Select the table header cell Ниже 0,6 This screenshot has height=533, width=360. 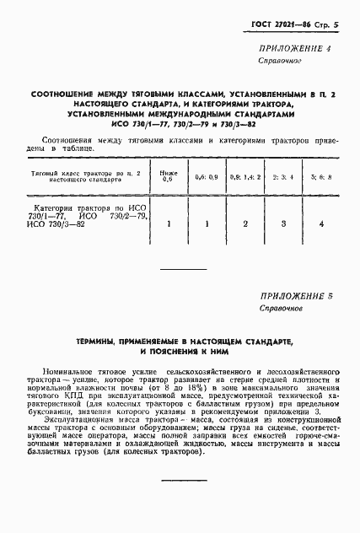pyautogui.click(x=167, y=175)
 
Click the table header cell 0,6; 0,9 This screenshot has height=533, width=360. pyautogui.click(x=206, y=177)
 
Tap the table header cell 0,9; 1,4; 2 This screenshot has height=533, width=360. pyautogui.click(x=244, y=177)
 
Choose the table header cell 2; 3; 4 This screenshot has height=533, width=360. pyautogui.click(x=282, y=177)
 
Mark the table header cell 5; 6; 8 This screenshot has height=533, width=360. pyautogui.click(x=321, y=177)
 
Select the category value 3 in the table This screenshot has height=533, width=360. pyautogui.click(x=282, y=224)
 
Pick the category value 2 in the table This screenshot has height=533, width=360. pyautogui.click(x=244, y=224)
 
